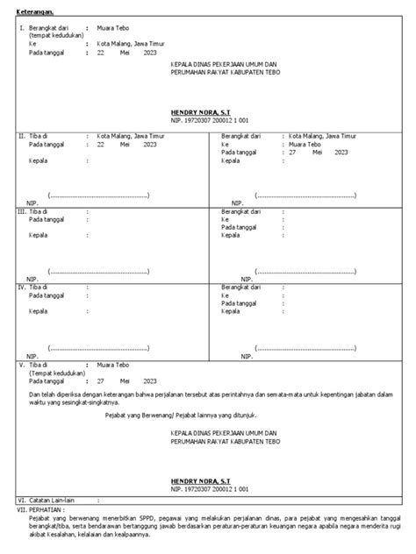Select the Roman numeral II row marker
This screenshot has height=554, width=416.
22,137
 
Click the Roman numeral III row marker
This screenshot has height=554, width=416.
23,211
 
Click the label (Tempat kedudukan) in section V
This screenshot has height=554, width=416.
56,371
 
